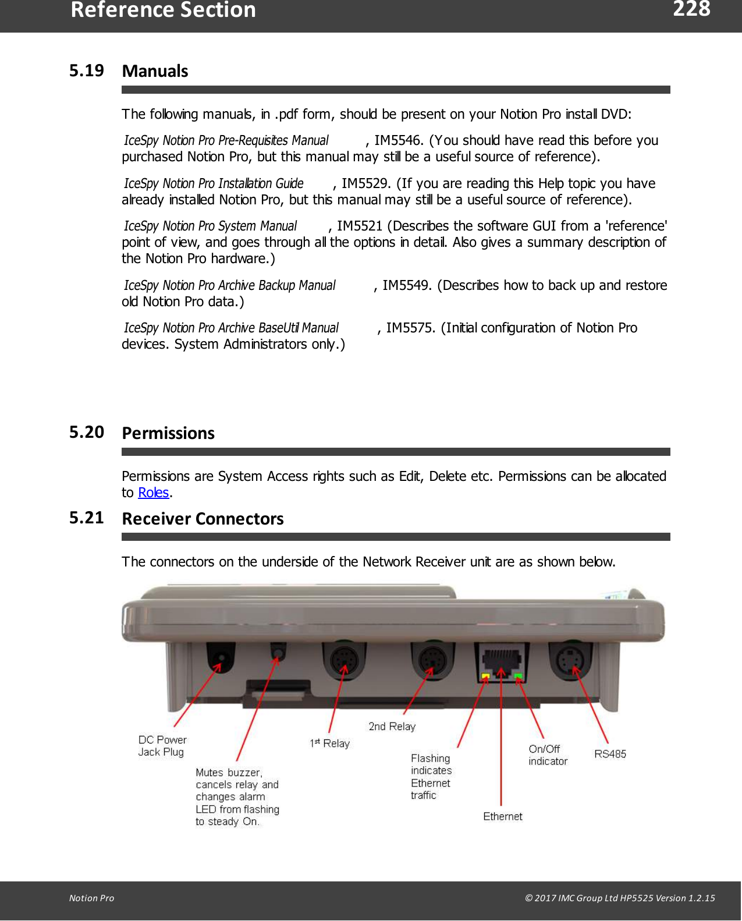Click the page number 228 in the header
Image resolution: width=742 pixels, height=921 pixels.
click(691, 9)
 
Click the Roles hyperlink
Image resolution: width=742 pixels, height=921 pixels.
click(154, 493)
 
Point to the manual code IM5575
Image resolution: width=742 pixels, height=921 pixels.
click(410, 328)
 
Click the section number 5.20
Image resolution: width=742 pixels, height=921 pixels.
click(86, 432)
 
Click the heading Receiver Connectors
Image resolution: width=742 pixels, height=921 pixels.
click(203, 519)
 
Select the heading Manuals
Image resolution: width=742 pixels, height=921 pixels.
click(155, 71)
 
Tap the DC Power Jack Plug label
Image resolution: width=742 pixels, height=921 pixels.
click(162, 746)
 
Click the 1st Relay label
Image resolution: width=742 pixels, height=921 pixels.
click(329, 743)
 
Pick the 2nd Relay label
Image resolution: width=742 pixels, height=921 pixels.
click(392, 727)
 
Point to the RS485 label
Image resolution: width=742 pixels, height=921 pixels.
click(610, 754)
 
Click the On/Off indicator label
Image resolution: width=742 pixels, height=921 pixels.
click(547, 755)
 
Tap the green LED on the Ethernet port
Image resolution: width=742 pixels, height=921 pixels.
click(518, 676)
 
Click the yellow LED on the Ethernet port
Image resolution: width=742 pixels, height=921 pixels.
click(485, 676)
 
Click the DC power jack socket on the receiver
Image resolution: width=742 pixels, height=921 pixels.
click(221, 658)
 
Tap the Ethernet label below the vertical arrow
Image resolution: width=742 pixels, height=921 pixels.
click(502, 817)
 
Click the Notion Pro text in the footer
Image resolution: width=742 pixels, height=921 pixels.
click(91, 898)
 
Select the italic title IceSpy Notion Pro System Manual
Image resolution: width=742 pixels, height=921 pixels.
click(210, 226)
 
